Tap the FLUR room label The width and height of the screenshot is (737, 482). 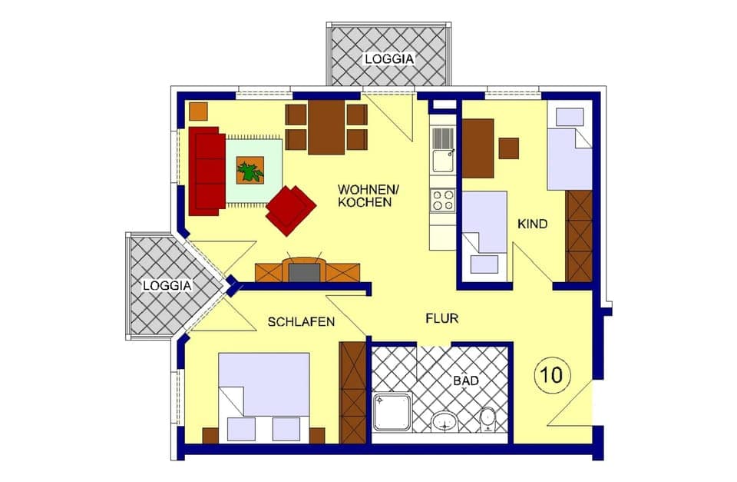click(x=442, y=317)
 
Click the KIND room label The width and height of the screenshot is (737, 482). click(x=533, y=224)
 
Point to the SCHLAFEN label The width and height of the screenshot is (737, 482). click(x=301, y=322)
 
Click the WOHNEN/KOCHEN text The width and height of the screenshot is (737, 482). click(x=365, y=196)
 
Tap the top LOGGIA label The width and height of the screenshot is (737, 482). click(x=389, y=58)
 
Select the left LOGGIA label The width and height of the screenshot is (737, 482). click(x=167, y=284)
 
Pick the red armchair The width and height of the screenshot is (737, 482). click(x=291, y=209)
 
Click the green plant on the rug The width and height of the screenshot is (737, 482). click(x=250, y=170)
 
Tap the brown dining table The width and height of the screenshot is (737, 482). click(x=326, y=126)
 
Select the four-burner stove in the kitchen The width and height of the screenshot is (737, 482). click(x=443, y=200)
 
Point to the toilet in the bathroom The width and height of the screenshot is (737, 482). click(x=488, y=420)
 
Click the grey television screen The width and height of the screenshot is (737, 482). click(x=305, y=271)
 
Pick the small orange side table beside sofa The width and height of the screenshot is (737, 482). click(x=198, y=111)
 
